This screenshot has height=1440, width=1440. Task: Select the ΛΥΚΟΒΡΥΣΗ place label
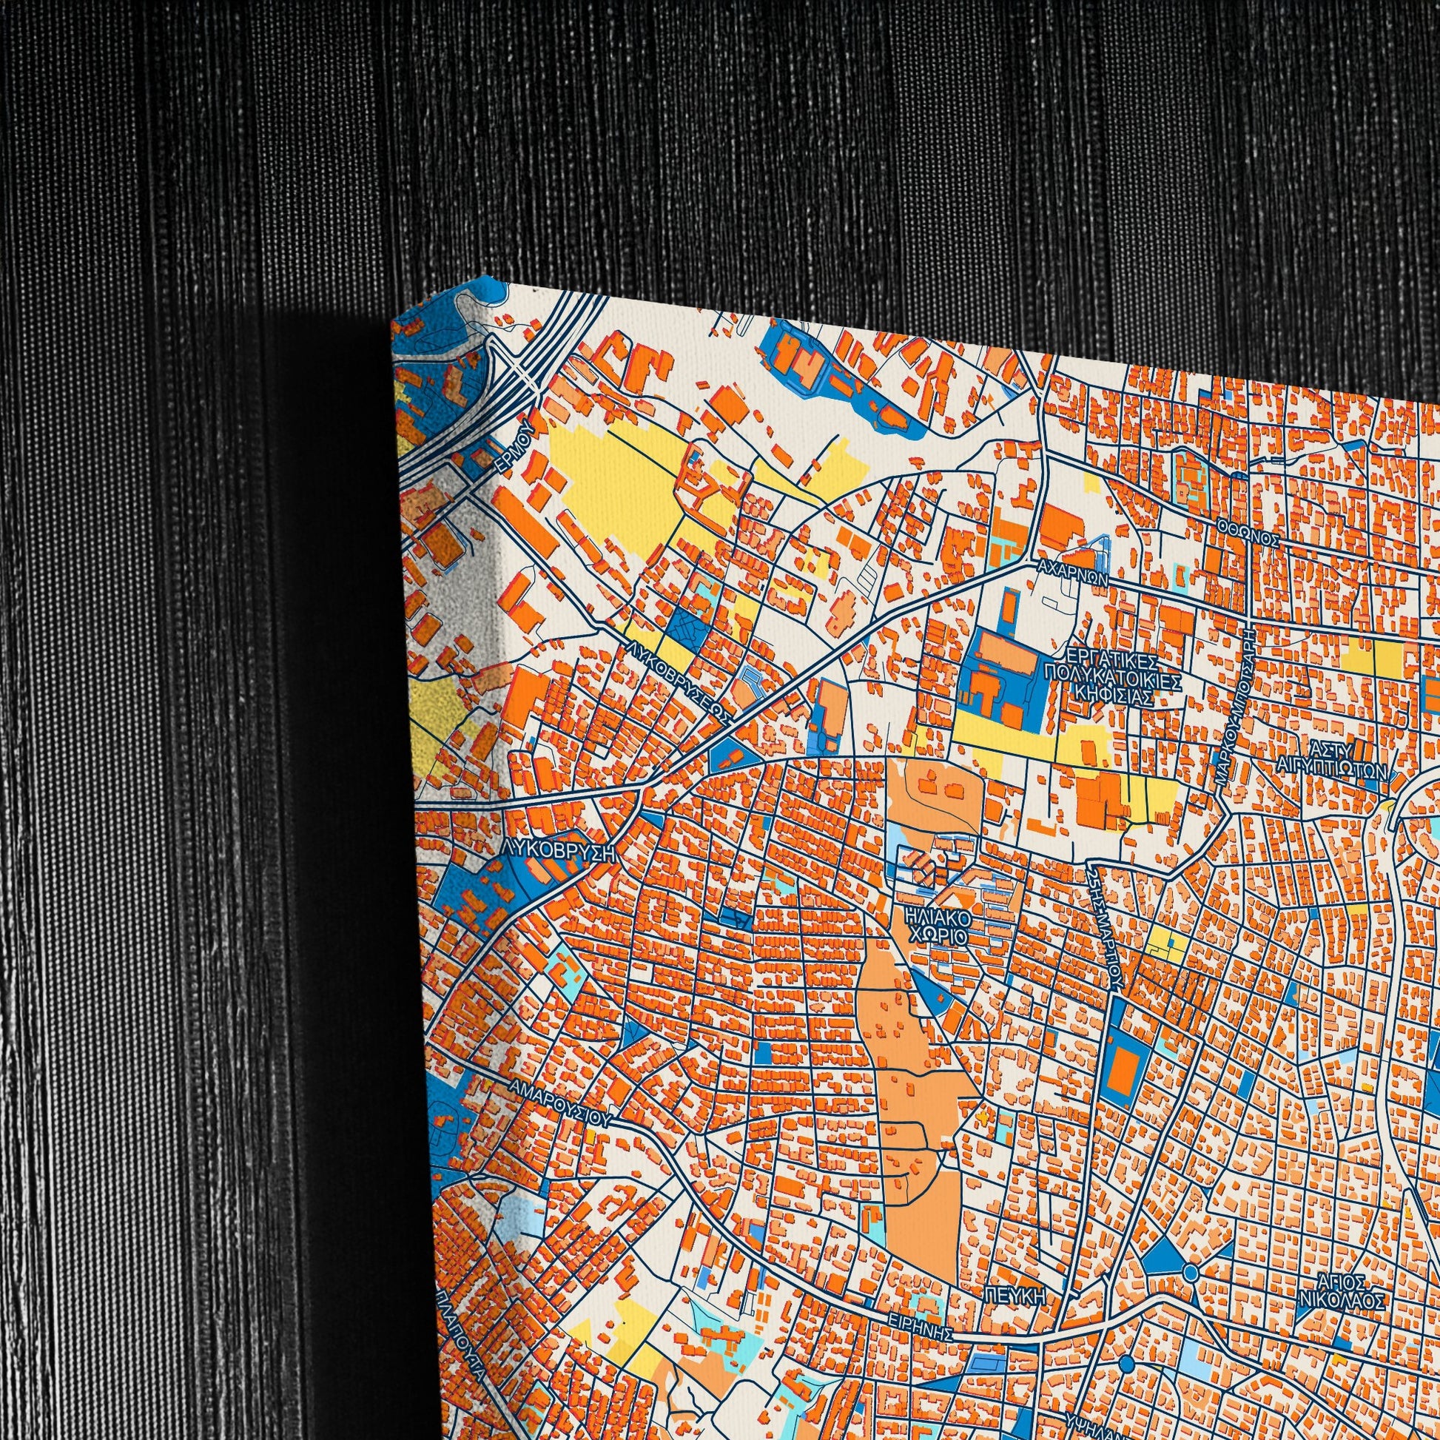559,852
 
